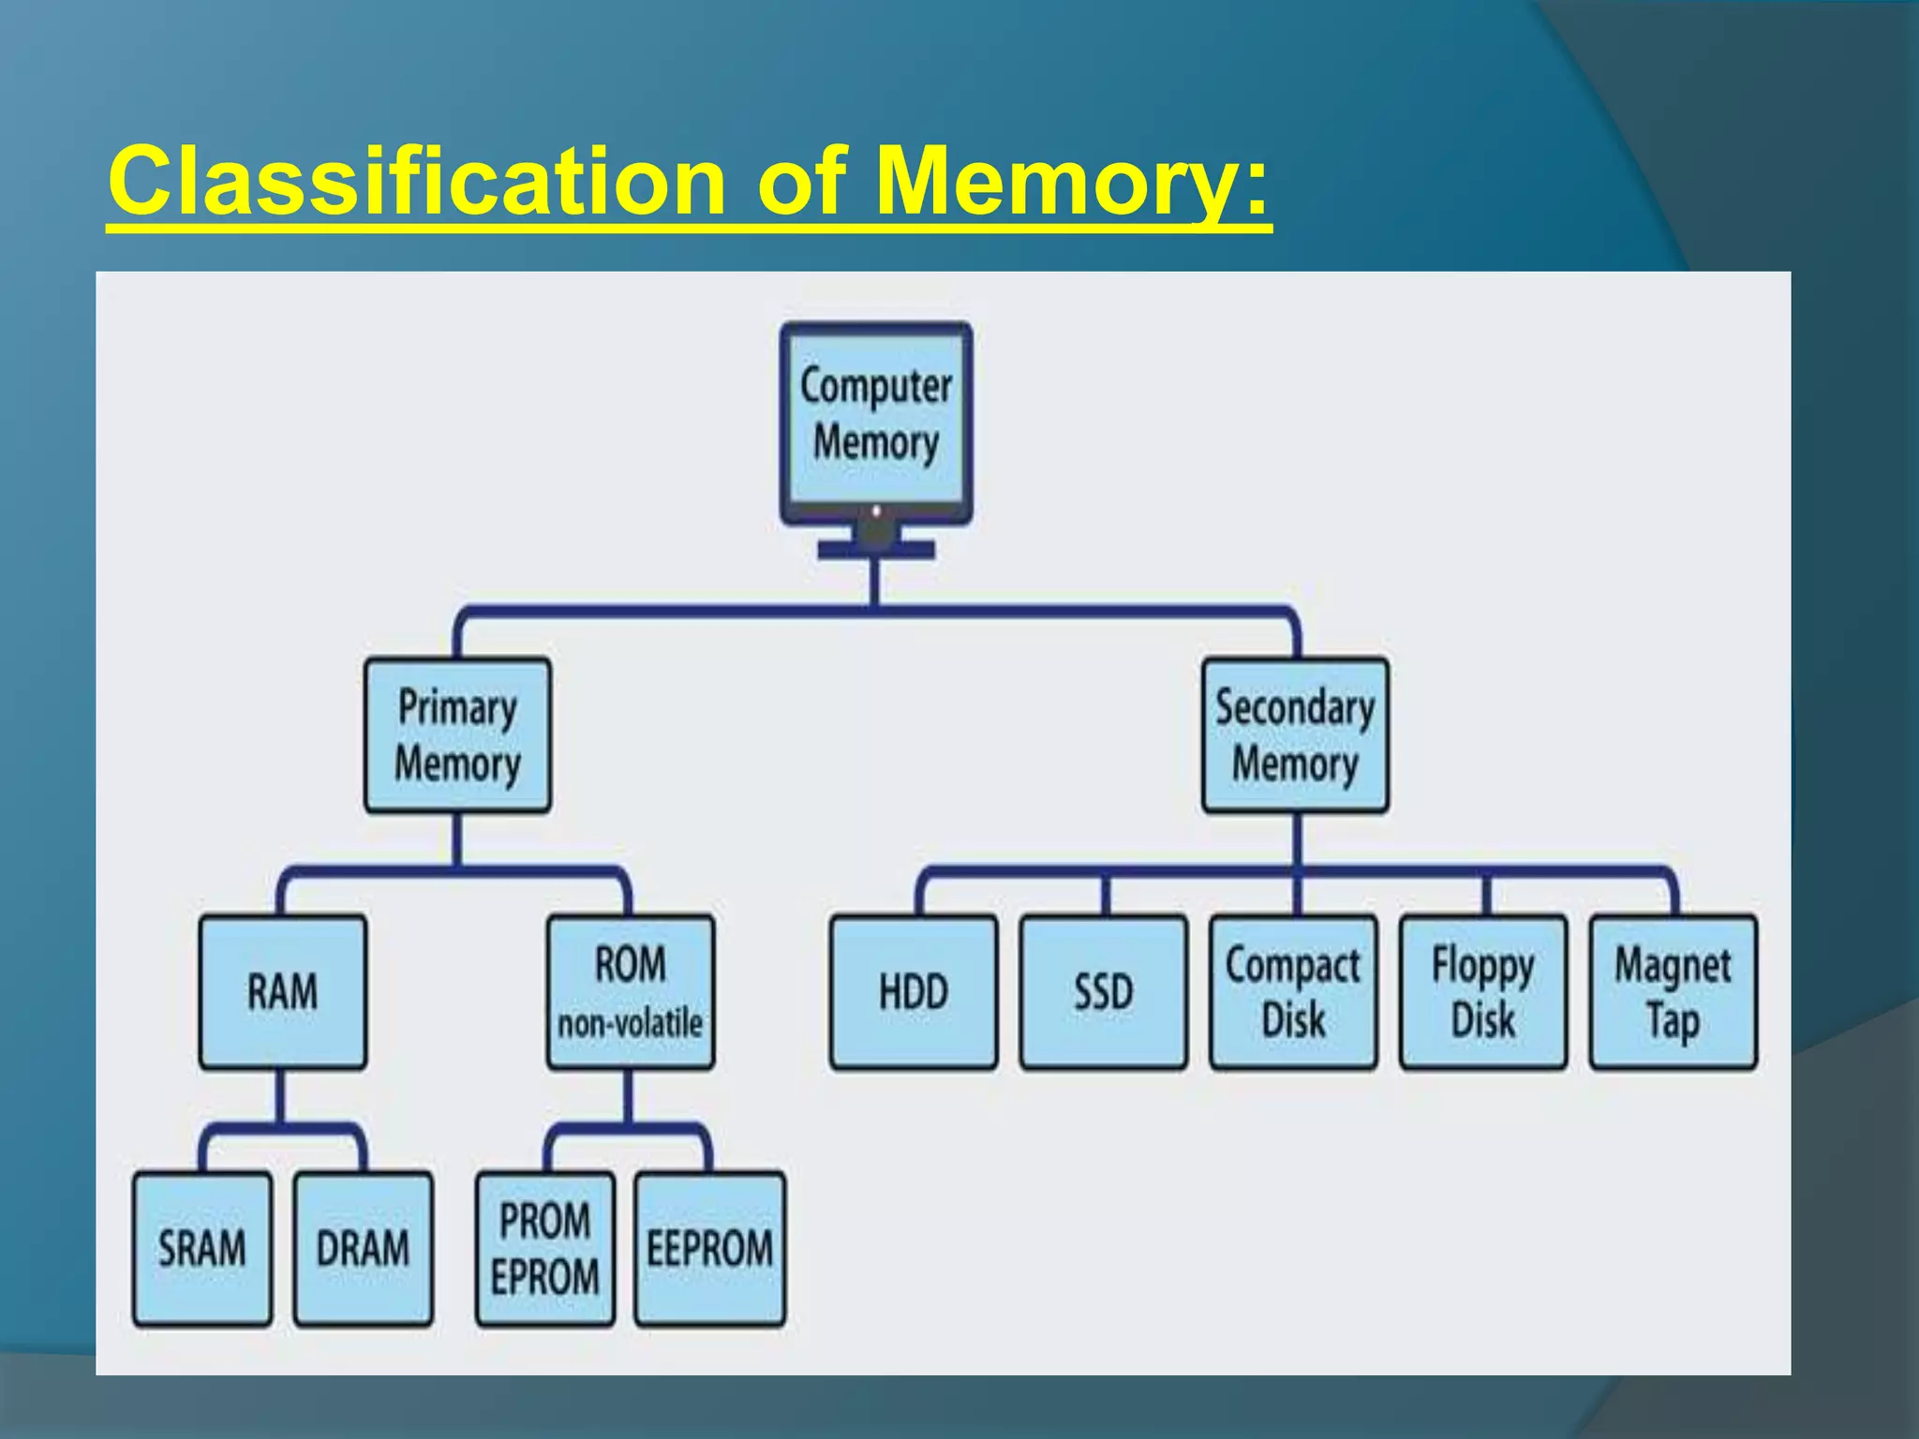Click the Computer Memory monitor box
coord(876,417)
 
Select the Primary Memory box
coord(457,735)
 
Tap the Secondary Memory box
coord(1295,735)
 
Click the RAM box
coord(282,992)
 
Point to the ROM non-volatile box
coord(631,992)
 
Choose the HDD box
coord(914,992)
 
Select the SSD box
coord(1104,992)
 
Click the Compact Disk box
coord(1293,992)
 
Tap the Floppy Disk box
coord(1483,992)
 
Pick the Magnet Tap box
coord(1674,992)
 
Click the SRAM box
coord(202,1249)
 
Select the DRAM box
coord(364,1249)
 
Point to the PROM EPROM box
coord(545,1249)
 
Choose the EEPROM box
coord(710,1249)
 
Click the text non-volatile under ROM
coord(631,1023)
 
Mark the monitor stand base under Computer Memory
coord(876,550)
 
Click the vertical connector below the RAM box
coord(280,1096)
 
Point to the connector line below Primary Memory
coord(457,839)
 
